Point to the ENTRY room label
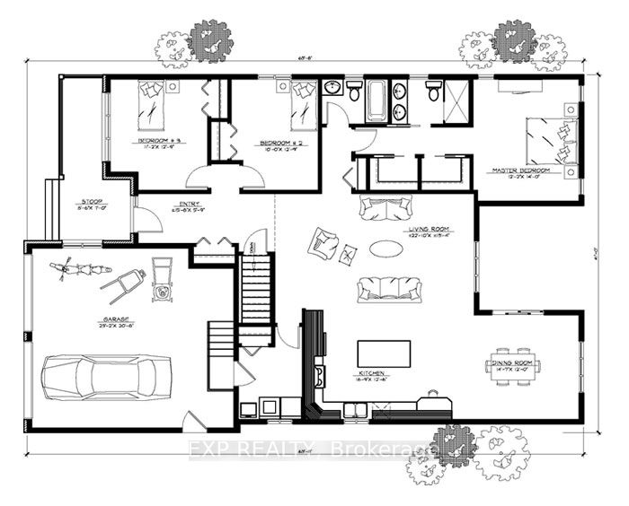pyautogui.click(x=187, y=205)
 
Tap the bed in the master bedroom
pyautogui.click(x=547, y=136)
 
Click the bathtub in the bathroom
pyautogui.click(x=377, y=100)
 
